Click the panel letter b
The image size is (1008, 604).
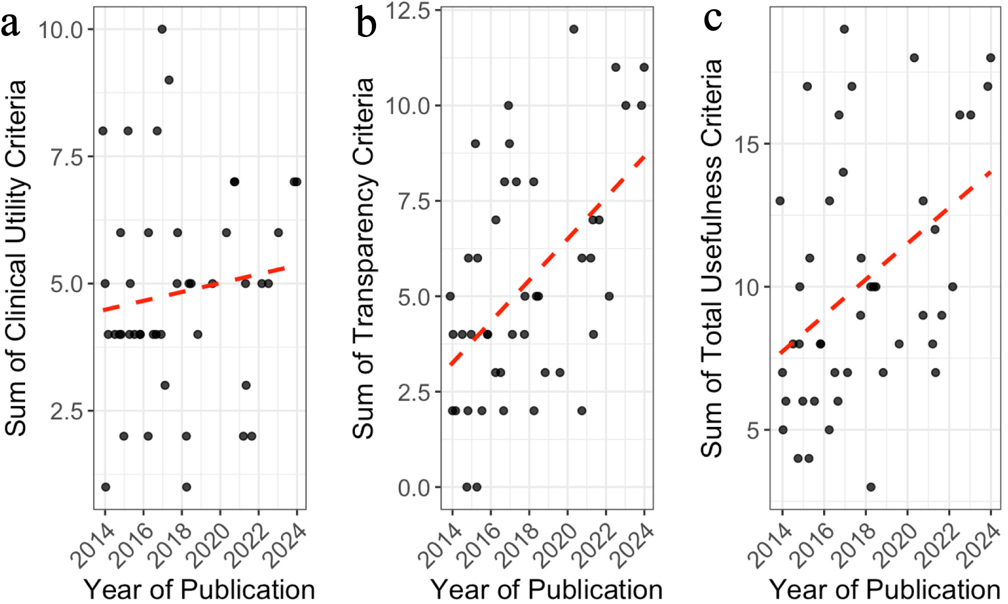coord(366,24)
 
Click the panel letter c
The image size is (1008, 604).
coord(713,18)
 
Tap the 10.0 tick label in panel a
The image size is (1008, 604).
coord(61,30)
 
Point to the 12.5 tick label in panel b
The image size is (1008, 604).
coord(408,11)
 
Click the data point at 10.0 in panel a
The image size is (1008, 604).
coord(162,29)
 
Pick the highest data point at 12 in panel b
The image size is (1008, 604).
coord(573,29)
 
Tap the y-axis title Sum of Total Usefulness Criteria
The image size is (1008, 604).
coord(711,258)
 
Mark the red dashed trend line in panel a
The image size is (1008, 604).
coord(193,289)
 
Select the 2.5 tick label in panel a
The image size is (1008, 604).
coord(67,411)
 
